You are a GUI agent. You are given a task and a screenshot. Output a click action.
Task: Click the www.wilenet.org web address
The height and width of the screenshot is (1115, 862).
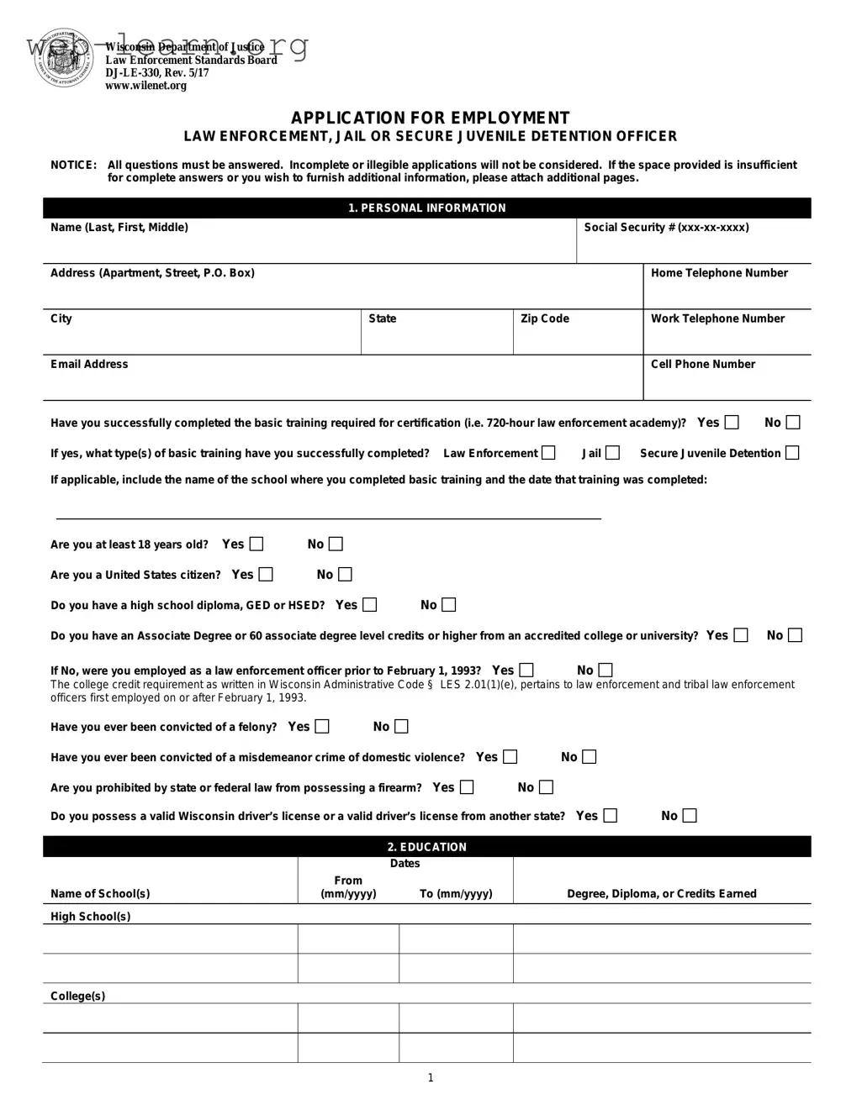point(145,86)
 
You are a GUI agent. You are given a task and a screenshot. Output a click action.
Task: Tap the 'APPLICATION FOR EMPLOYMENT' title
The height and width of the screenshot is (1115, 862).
point(430,118)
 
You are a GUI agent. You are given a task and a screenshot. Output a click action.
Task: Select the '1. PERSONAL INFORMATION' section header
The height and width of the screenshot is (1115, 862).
point(427,208)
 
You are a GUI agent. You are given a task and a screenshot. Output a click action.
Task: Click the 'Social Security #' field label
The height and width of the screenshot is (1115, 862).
point(666,228)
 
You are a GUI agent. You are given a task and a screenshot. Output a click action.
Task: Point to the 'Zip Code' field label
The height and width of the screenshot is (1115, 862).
point(544,318)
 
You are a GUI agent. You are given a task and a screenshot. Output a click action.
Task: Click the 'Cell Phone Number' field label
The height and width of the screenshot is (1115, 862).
point(702,364)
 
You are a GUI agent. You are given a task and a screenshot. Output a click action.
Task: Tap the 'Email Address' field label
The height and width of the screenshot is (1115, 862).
point(89,364)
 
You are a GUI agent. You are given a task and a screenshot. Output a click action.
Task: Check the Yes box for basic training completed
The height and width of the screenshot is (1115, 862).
point(732,423)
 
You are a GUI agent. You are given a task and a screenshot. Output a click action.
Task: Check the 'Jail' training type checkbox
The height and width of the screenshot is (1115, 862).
point(612,453)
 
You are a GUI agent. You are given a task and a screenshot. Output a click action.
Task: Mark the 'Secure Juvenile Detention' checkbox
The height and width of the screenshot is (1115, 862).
point(791,453)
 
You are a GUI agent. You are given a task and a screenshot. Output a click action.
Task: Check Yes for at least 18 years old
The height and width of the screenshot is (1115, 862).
point(256,544)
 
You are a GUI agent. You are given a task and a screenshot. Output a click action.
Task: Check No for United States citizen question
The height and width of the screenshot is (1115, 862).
point(345,575)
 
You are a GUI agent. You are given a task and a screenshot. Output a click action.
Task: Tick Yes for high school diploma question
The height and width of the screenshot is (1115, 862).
point(369,605)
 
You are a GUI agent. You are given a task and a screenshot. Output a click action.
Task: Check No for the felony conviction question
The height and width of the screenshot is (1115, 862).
point(401,727)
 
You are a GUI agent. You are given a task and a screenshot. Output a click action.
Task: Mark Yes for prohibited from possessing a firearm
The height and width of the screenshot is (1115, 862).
point(467,787)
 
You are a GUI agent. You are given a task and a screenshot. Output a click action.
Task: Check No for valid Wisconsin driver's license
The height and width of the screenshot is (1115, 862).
point(690,816)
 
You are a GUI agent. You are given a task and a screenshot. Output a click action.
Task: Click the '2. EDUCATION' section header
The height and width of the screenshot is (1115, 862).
point(427,847)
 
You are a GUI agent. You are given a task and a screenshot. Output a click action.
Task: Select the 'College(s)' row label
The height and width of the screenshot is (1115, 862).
point(77,996)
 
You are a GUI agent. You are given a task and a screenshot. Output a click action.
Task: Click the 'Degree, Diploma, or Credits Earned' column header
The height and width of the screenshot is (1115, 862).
point(661,893)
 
